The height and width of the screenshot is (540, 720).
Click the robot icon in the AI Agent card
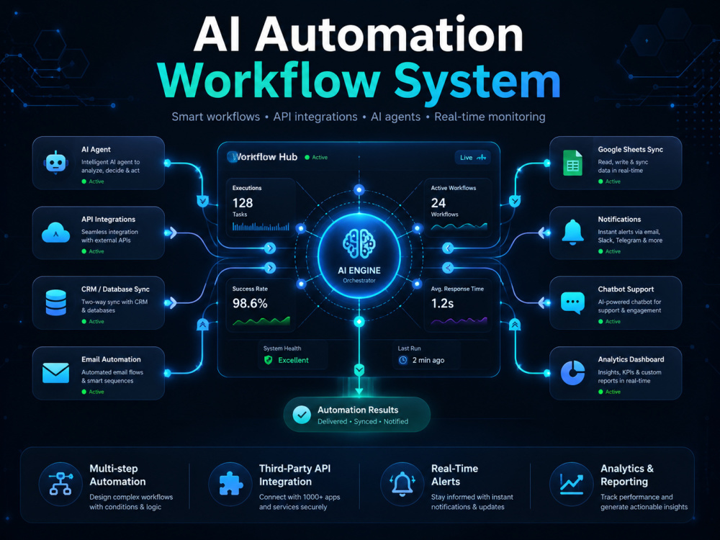click(x=56, y=163)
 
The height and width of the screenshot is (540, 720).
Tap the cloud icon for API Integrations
click(x=55, y=233)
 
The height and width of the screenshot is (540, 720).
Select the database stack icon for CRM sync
click(x=56, y=302)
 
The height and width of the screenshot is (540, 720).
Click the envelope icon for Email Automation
click(x=55, y=373)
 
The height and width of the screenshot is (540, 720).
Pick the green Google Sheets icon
click(x=572, y=163)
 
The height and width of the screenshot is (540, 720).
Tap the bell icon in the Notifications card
click(x=572, y=233)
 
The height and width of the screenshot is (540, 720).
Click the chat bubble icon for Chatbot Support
click(x=572, y=303)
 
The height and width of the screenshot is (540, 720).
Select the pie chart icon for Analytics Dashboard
click(x=572, y=372)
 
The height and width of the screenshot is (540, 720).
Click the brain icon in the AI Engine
click(x=359, y=243)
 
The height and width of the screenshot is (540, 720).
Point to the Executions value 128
click(x=243, y=203)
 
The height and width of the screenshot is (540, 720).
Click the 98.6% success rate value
click(x=250, y=304)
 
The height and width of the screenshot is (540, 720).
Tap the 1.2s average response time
click(x=442, y=304)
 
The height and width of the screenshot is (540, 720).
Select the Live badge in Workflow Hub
click(x=472, y=158)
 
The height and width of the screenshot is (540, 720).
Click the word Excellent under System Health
click(x=293, y=361)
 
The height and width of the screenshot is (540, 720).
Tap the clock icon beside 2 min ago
click(x=402, y=361)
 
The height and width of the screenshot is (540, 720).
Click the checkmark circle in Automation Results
click(x=302, y=415)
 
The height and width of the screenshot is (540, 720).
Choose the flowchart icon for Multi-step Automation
click(x=60, y=484)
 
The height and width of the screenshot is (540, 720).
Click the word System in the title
click(x=477, y=81)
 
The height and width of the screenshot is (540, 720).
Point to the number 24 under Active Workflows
click(x=438, y=203)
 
